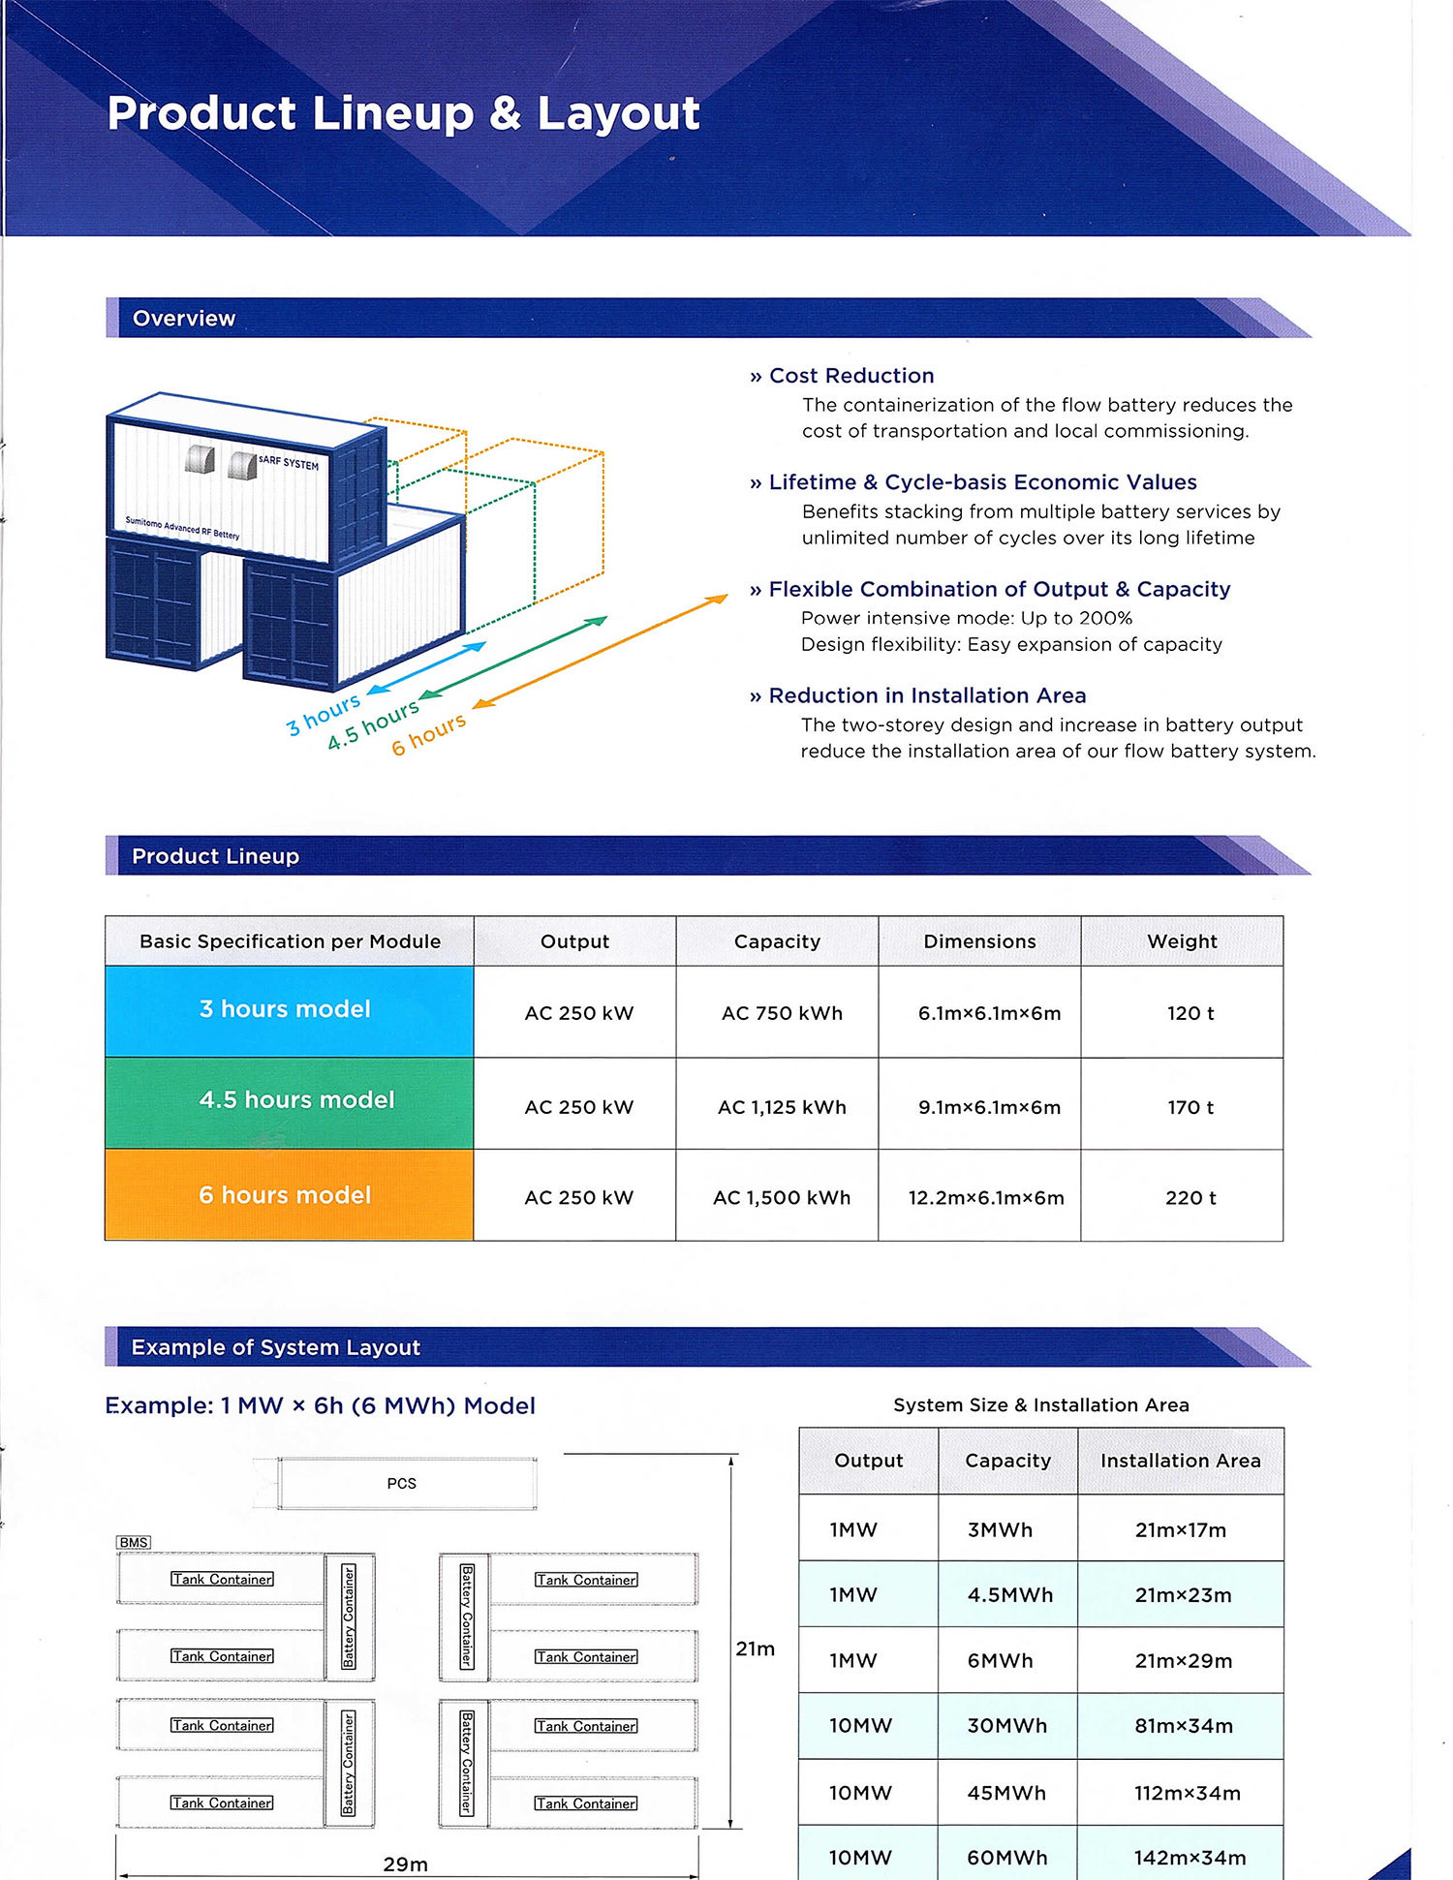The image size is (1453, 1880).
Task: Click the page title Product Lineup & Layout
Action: [403, 113]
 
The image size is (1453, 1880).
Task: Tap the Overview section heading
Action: [184, 319]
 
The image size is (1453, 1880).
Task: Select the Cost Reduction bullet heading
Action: [851, 376]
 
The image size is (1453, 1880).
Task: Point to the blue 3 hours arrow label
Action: [324, 714]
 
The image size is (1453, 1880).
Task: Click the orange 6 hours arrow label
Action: [428, 734]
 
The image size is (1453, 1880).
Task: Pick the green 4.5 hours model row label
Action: [296, 1100]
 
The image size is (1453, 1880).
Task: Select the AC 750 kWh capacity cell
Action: [782, 1013]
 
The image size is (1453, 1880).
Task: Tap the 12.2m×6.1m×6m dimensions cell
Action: [985, 1198]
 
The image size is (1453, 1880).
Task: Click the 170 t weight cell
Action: [1190, 1107]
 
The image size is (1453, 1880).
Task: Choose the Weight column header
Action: [1182, 941]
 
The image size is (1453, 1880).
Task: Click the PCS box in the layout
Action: [402, 1484]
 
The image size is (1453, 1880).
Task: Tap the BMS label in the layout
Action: [134, 1542]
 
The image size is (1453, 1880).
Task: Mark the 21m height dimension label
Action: [755, 1649]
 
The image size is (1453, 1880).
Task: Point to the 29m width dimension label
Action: [405, 1864]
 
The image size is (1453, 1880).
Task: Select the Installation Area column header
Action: [1180, 1461]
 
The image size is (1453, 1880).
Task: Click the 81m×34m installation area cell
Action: [1184, 1726]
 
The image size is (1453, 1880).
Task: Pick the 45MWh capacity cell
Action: [1006, 1793]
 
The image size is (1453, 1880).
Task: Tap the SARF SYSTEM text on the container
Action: [289, 463]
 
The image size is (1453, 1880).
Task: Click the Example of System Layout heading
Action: [276, 1347]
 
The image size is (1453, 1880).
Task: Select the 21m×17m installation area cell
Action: [1180, 1530]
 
